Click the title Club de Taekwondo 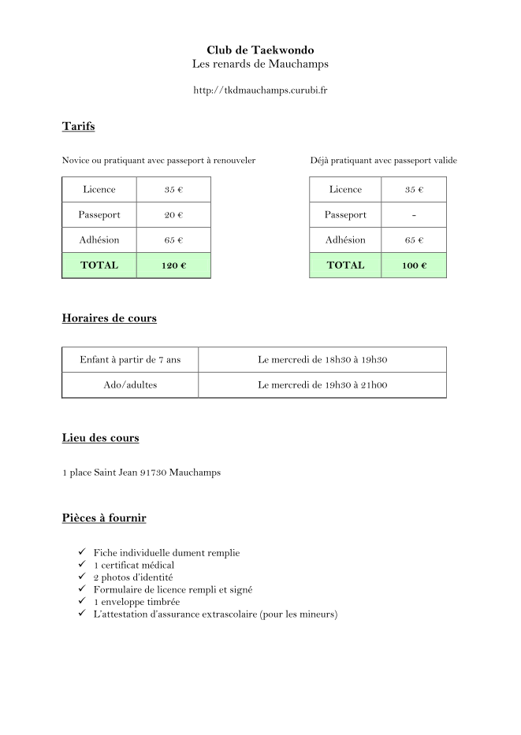point(260,50)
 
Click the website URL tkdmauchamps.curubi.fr point(260,91)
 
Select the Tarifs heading point(78,126)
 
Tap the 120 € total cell point(173,265)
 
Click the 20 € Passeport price point(173,215)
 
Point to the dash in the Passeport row point(414,215)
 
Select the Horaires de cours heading point(109,318)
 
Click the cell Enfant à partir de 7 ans point(130,360)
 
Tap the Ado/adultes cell point(130,385)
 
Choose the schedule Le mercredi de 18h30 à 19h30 point(322,360)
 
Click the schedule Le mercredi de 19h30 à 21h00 point(322,385)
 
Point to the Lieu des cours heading point(100,438)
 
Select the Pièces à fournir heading point(103,518)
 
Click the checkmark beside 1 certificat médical point(82,565)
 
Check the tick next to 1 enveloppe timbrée point(82,601)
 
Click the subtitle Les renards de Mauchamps point(260,64)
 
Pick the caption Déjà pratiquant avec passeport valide point(383,161)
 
